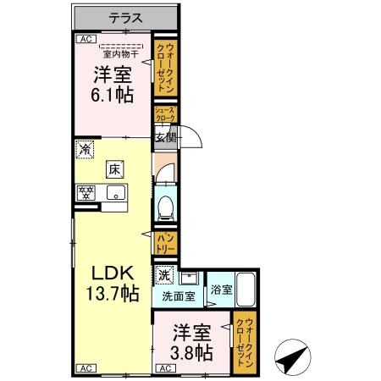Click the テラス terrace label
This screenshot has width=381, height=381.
(x=126, y=17)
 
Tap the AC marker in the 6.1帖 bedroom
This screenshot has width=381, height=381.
(x=85, y=38)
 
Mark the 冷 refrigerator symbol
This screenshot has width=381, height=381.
(x=85, y=149)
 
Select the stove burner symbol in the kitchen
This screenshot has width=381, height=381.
(x=86, y=192)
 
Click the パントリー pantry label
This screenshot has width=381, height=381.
(x=164, y=244)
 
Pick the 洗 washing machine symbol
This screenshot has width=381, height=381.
(x=164, y=276)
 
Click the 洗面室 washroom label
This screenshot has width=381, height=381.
(x=179, y=296)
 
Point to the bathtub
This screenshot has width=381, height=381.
(x=246, y=292)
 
